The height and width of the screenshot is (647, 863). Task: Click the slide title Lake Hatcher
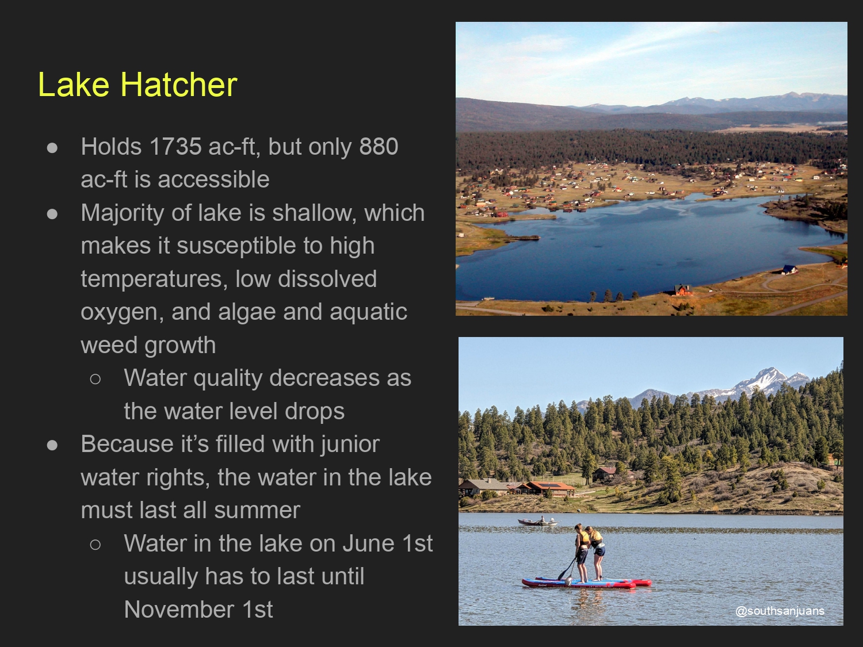pyautogui.click(x=138, y=84)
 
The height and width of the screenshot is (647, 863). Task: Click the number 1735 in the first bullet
pyautogui.click(x=175, y=147)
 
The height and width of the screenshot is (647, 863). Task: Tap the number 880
pyautogui.click(x=379, y=147)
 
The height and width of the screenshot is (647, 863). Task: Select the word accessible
pyautogui.click(x=213, y=179)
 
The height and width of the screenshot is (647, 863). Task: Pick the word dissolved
pyautogui.click(x=327, y=279)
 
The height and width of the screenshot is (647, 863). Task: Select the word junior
pyautogui.click(x=350, y=445)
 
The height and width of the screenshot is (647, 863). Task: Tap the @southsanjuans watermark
pyautogui.click(x=780, y=611)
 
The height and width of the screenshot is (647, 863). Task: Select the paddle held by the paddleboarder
pyautogui.click(x=567, y=569)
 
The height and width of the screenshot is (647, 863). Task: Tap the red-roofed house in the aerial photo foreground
pyautogui.click(x=683, y=290)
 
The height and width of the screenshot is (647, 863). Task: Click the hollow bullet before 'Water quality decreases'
pyautogui.click(x=95, y=378)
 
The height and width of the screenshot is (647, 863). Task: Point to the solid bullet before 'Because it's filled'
pyautogui.click(x=52, y=445)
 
